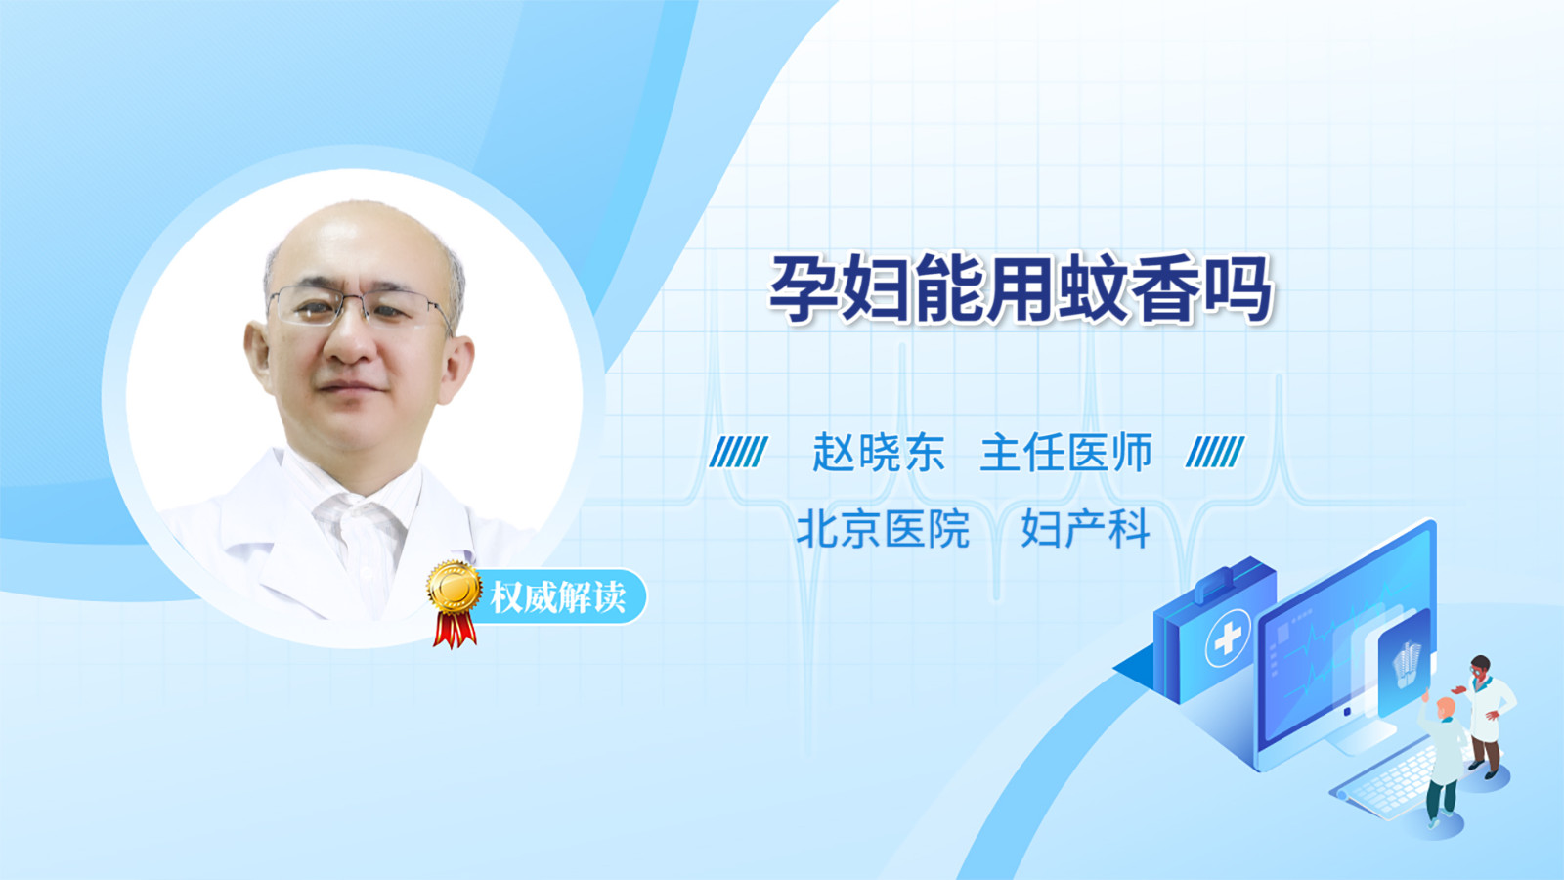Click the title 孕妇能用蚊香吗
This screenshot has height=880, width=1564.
tap(1021, 288)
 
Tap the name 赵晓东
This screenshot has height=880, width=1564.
tap(879, 453)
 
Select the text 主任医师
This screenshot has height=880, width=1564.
tap(1065, 453)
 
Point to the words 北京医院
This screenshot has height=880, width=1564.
tap(883, 529)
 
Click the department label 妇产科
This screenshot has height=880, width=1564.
tap(1085, 529)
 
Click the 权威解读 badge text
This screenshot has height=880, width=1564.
tap(557, 597)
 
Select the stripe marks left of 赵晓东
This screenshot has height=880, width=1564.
tap(738, 452)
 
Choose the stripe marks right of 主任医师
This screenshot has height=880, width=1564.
tap(1215, 452)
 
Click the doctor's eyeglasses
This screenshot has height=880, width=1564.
tap(360, 307)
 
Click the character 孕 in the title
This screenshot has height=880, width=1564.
tap(803, 288)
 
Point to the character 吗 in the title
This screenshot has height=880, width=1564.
tap(1238, 288)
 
